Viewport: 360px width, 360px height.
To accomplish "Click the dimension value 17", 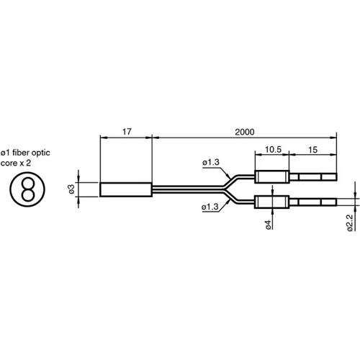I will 126,132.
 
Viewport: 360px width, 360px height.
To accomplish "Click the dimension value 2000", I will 244,132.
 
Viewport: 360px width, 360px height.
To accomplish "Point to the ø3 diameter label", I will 72,189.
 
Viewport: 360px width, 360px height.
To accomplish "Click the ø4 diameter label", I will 268,225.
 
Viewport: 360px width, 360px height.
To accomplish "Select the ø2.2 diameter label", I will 349,223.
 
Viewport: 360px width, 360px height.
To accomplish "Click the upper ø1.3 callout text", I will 211,163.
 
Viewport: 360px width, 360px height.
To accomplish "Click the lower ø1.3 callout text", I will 211,208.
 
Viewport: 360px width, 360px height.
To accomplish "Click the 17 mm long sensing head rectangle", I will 126,189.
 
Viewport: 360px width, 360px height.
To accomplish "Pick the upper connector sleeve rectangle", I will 272,176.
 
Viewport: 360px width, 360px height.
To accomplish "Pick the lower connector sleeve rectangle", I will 272,202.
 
